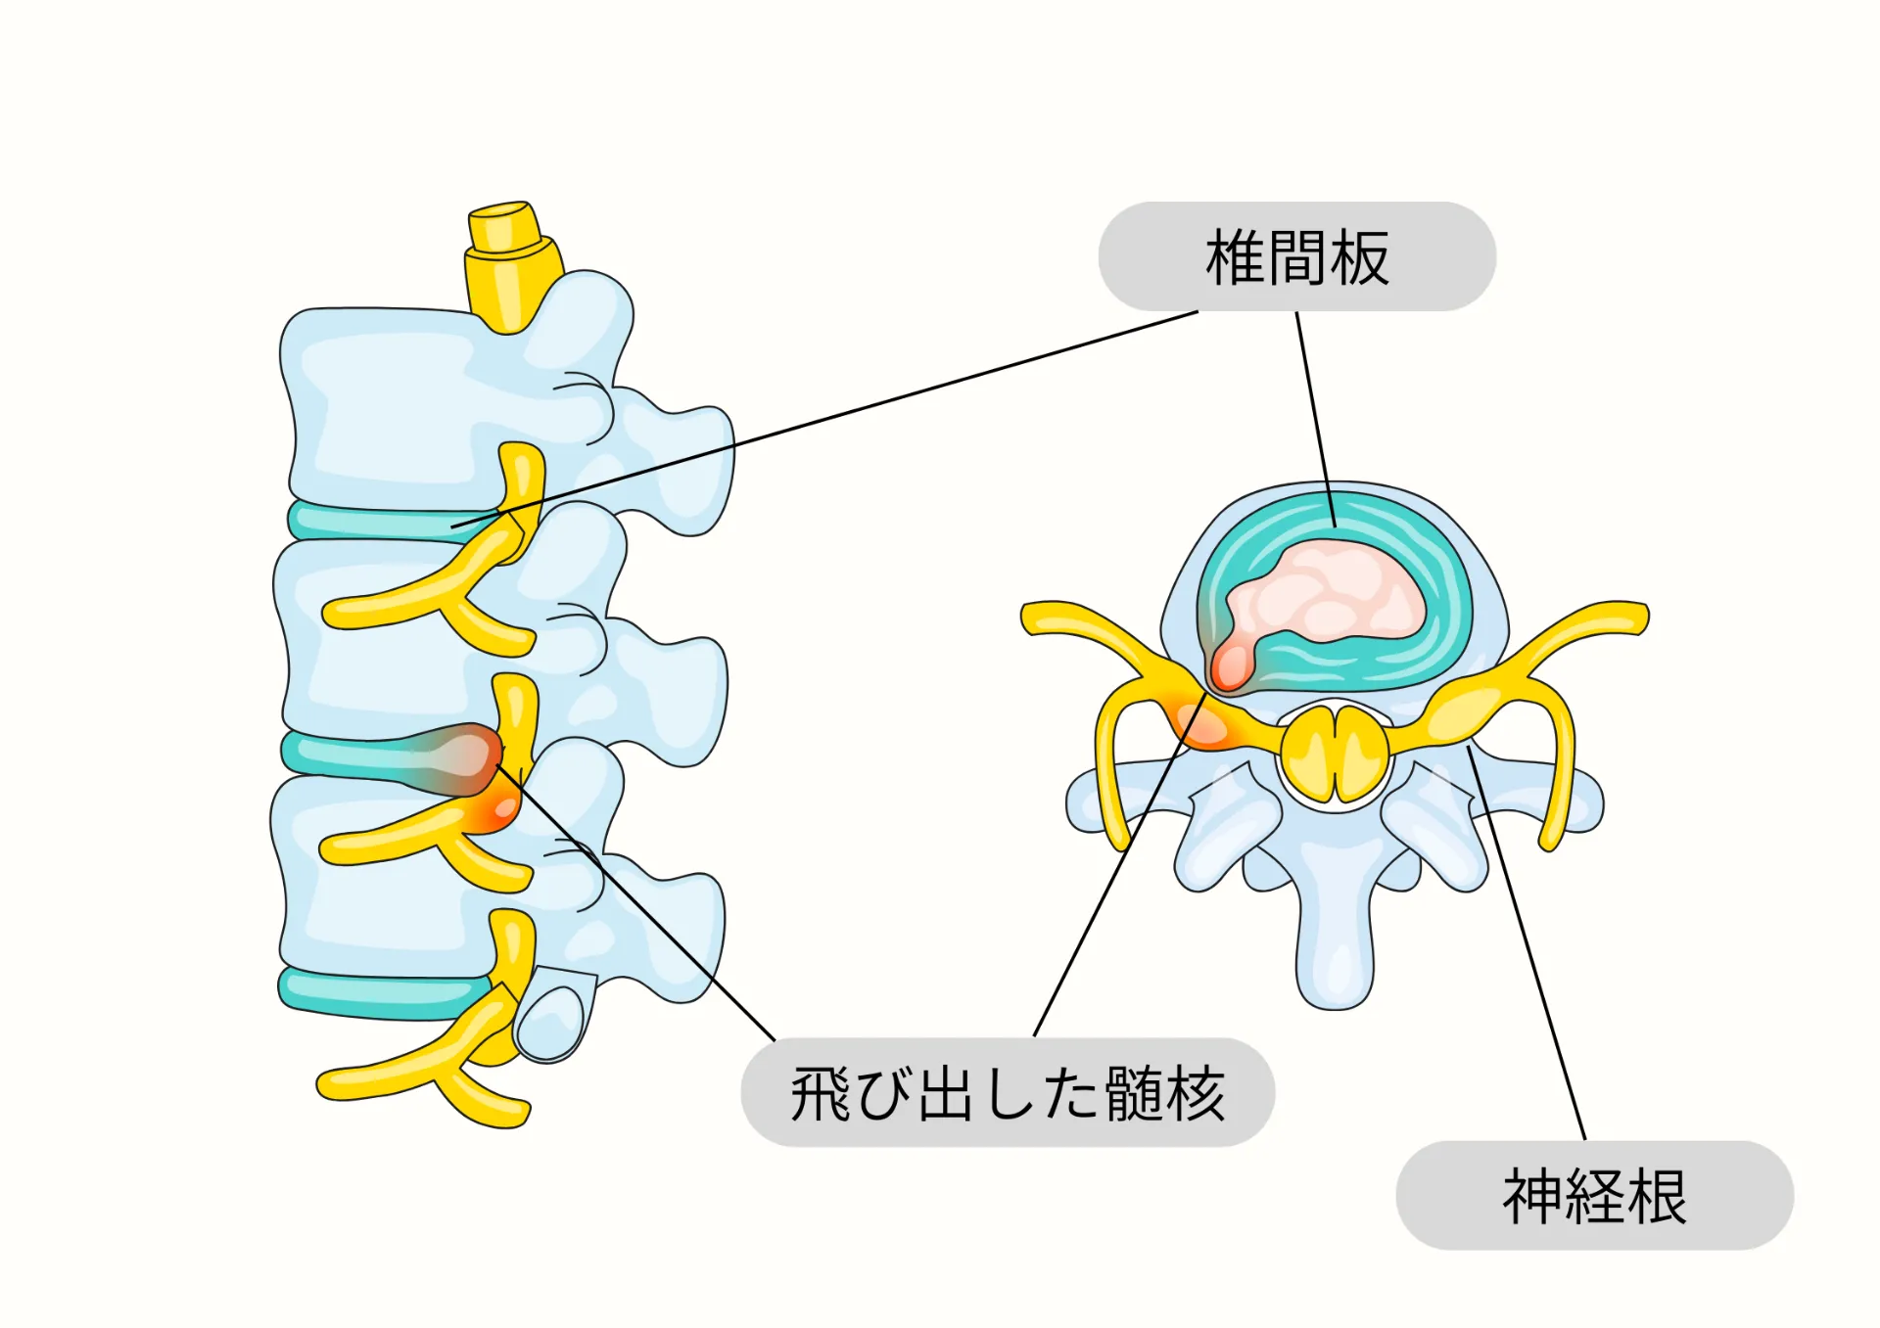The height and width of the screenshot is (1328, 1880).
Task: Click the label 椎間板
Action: click(x=1296, y=257)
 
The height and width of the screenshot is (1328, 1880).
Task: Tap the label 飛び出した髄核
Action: click(x=1008, y=1093)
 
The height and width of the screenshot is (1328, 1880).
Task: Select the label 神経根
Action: click(x=1594, y=1196)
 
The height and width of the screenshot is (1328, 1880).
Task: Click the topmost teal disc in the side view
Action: click(x=382, y=522)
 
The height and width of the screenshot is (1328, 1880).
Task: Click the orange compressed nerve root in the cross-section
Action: click(x=1204, y=724)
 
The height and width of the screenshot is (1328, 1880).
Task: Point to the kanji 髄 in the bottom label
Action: click(x=1135, y=1093)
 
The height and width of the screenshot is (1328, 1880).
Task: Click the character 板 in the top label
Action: click(x=1359, y=257)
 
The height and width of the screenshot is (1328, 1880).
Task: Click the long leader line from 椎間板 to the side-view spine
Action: click(x=832, y=419)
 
